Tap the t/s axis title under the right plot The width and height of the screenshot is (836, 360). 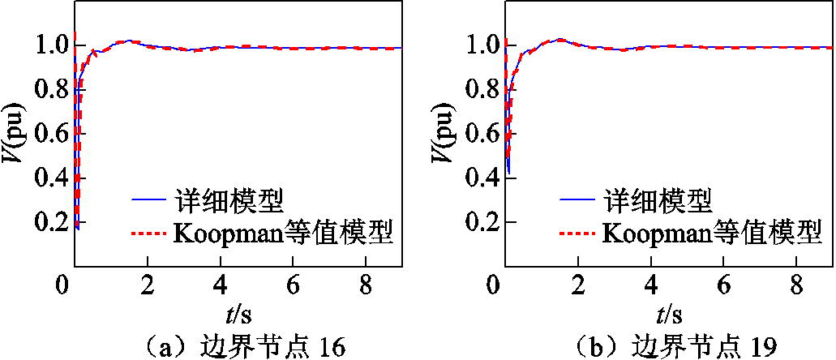668,314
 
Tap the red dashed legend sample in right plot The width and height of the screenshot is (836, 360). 578,234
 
